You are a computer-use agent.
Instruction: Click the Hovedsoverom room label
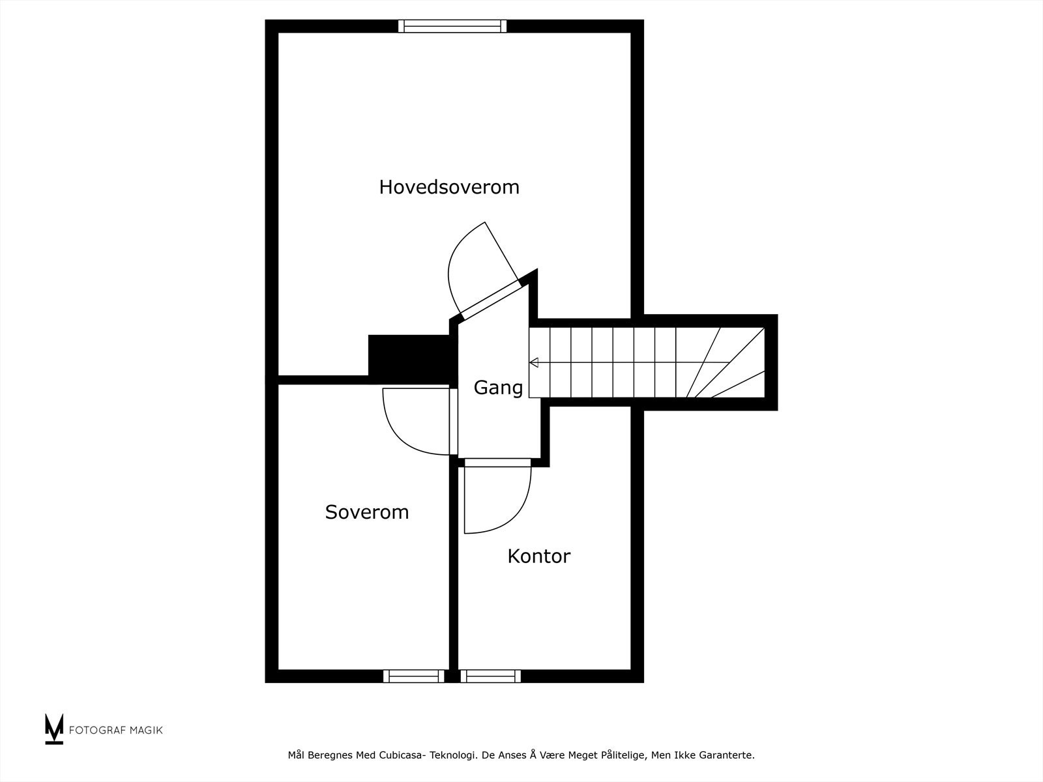coord(449,187)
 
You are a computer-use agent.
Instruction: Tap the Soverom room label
coord(367,512)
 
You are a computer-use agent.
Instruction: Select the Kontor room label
coord(538,557)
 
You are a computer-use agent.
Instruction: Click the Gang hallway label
coord(498,388)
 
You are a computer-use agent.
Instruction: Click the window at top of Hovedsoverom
coord(452,26)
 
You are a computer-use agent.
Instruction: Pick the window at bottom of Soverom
coord(413,676)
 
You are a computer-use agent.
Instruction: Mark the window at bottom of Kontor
coord(490,676)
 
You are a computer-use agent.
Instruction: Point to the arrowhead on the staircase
coord(534,362)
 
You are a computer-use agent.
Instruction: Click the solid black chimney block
coord(409,355)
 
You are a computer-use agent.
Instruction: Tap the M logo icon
coord(54,729)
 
